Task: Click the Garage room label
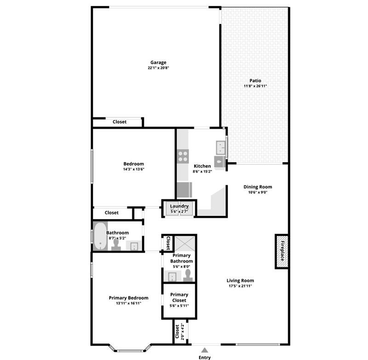tap(158, 63)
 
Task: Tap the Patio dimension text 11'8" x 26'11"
tap(255, 86)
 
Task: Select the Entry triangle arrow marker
tap(205, 350)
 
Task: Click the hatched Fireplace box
tap(282, 251)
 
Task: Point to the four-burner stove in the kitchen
tap(183, 156)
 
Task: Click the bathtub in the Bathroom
tap(100, 236)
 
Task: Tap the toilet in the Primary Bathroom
tap(188, 276)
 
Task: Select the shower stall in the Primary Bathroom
tap(185, 244)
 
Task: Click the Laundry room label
tap(179, 206)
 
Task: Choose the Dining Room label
tap(258, 187)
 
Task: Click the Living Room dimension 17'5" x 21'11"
tap(240, 286)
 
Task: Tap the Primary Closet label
tap(179, 297)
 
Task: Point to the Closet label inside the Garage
tap(120, 122)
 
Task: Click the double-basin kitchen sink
tap(221, 147)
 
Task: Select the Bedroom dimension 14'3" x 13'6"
tap(133, 169)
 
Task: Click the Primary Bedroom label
tap(129, 298)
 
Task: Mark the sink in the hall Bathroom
tap(134, 246)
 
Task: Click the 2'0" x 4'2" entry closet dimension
tap(183, 331)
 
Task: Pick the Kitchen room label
tap(202, 166)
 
